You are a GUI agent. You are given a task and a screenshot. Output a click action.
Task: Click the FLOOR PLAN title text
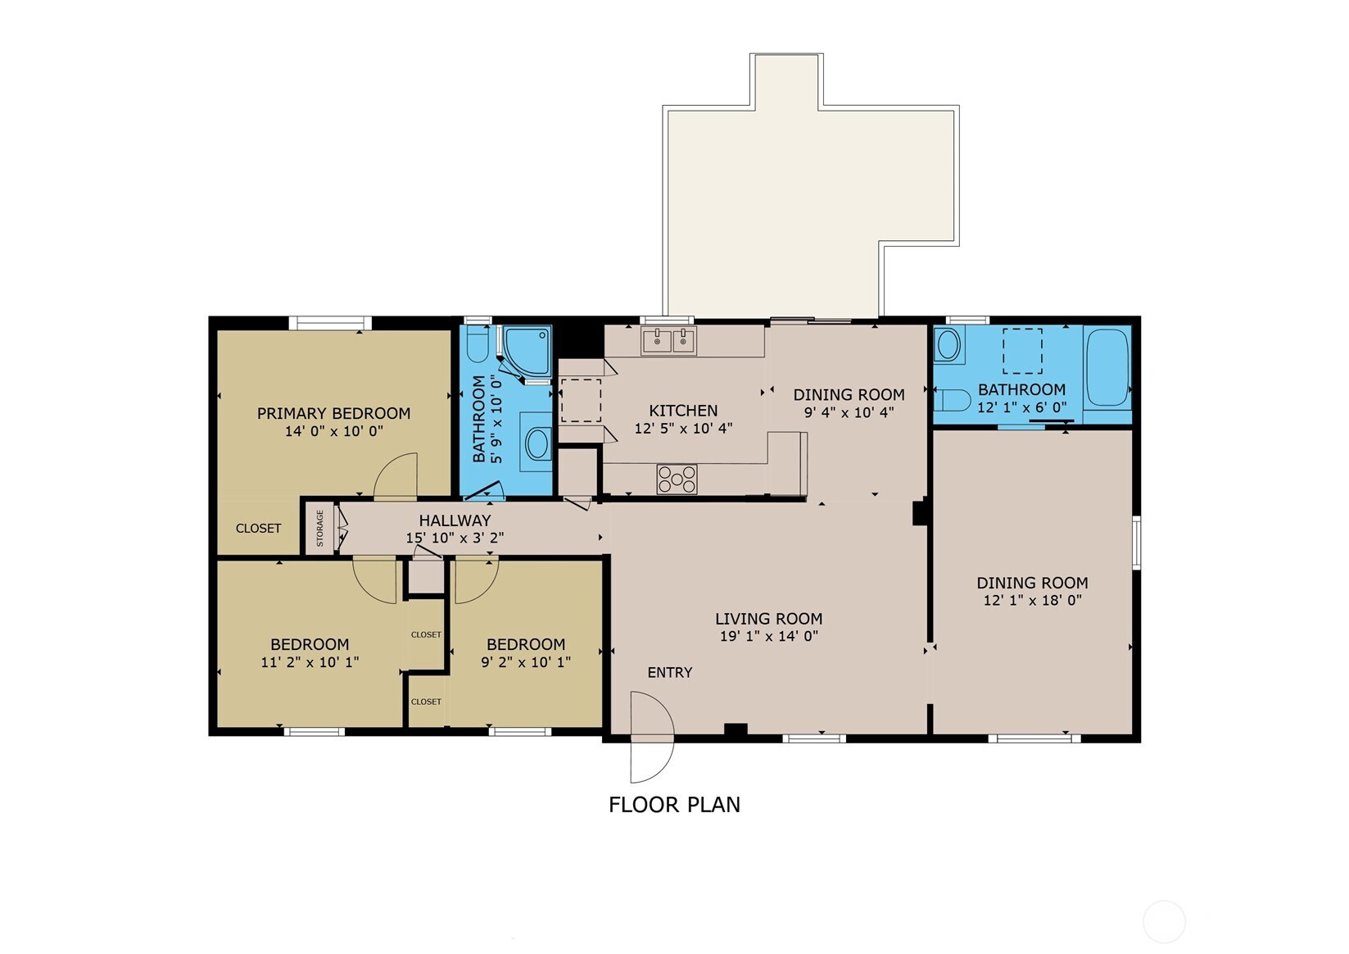(674, 805)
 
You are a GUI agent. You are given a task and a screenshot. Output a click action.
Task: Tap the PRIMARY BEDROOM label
(333, 413)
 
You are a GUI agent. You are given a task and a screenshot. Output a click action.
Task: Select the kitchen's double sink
(668, 341)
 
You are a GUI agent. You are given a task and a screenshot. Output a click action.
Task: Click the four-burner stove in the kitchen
(677, 479)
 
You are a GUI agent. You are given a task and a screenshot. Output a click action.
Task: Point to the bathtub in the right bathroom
(1107, 368)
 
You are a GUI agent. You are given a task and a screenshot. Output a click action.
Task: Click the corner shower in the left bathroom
(527, 352)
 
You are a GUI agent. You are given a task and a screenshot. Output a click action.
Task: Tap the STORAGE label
(319, 528)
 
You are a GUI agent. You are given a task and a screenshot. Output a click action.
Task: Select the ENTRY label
(670, 673)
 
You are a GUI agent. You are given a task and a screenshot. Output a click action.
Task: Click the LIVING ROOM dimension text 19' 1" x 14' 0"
(769, 636)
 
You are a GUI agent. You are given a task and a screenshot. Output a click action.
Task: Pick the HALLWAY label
(455, 520)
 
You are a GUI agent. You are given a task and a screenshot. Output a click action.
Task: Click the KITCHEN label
(683, 411)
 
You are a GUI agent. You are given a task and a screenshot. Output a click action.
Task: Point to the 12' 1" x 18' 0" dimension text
(1032, 600)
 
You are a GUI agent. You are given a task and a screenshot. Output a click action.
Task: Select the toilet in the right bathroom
(952, 400)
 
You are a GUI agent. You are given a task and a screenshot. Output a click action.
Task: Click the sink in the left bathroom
(538, 444)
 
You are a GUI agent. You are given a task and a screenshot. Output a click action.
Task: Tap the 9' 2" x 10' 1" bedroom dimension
(526, 662)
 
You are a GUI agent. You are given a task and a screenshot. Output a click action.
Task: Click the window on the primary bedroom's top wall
(330, 323)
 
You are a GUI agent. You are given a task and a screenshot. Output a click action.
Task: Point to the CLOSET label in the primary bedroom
(258, 529)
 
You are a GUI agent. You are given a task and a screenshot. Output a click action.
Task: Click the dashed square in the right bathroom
(1022, 352)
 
